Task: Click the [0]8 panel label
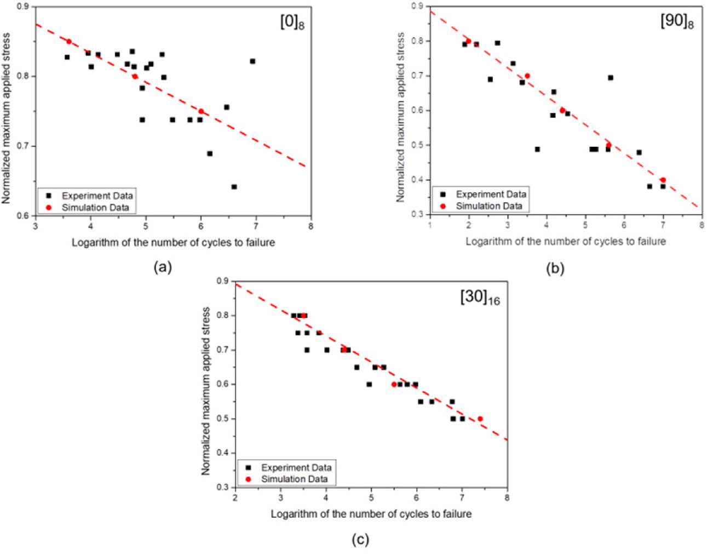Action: tap(292, 24)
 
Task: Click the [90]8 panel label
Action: tap(677, 24)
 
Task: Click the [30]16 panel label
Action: tap(480, 298)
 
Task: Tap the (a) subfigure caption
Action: tap(163, 267)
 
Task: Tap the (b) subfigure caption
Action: tap(555, 269)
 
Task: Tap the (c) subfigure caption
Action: tap(360, 539)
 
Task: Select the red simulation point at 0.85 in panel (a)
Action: tap(69, 41)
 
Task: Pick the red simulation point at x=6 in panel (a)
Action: tap(201, 111)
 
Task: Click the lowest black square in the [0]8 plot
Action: tap(234, 187)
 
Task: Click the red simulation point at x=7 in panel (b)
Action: tap(663, 180)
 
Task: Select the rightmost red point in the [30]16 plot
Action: tap(480, 419)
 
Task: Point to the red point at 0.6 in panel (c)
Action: tap(394, 384)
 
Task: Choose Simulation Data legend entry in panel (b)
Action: tap(488, 206)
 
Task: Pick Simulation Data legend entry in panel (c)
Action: tap(294, 479)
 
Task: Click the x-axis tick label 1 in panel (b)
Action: tap(430, 225)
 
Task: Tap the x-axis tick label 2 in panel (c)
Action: tap(235, 498)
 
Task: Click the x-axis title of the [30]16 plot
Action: tap(371, 513)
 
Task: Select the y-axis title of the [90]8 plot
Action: tap(400, 117)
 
